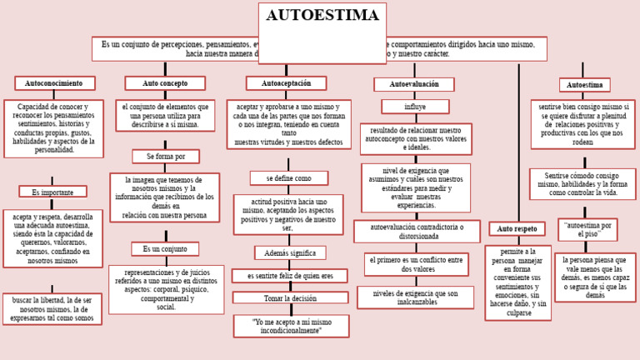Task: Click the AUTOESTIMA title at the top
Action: click(322, 16)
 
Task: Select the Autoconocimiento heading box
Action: click(54, 83)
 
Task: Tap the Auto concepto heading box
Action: click(165, 83)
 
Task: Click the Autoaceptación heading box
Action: click(286, 83)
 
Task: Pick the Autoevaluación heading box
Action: click(413, 84)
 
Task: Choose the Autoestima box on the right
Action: click(584, 85)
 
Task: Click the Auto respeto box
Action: click(517, 228)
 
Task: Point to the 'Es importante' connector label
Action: click(52, 192)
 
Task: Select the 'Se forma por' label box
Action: click(165, 157)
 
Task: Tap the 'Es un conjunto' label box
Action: click(164, 248)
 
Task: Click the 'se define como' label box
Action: click(288, 178)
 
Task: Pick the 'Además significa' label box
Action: click(290, 252)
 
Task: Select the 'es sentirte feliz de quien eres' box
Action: click(289, 276)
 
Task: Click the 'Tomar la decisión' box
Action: click(290, 297)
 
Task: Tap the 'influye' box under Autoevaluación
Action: click(414, 107)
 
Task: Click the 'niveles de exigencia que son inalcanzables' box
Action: click(415, 297)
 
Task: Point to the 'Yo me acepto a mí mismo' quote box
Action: click(290, 326)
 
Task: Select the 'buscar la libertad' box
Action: click(52, 308)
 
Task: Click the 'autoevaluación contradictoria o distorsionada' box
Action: click(416, 231)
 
